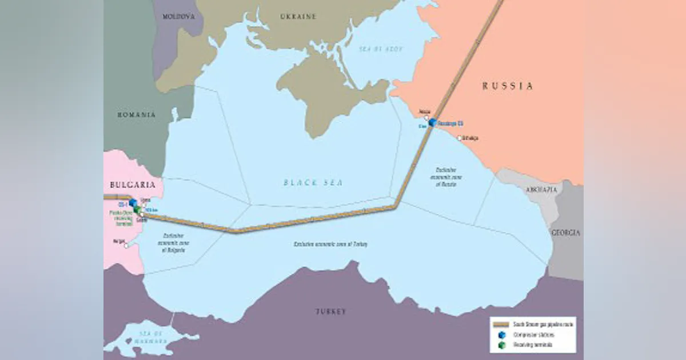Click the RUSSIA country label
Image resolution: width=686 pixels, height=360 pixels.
click(507, 86)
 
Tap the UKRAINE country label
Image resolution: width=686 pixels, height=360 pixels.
click(298, 17)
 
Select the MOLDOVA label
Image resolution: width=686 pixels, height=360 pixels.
click(178, 17)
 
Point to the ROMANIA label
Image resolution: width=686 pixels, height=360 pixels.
click(137, 115)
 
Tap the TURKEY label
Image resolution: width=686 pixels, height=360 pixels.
click(330, 311)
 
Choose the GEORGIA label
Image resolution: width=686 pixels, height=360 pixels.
click(565, 233)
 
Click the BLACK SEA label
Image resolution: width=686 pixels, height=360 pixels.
click(313, 183)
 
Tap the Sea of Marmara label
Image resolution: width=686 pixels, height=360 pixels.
click(137, 337)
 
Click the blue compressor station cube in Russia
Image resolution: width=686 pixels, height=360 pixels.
click(433, 122)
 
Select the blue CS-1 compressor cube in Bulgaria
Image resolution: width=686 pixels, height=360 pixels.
click(133, 203)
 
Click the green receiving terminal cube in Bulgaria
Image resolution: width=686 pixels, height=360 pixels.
click(137, 210)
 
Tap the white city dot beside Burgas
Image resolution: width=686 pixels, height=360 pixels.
click(126, 246)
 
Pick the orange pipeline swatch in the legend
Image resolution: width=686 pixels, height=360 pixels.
click(501, 324)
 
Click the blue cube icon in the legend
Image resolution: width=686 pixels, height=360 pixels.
click(501, 335)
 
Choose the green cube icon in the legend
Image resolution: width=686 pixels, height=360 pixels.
click(501, 345)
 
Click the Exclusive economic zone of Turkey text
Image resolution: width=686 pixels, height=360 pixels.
click(330, 245)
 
